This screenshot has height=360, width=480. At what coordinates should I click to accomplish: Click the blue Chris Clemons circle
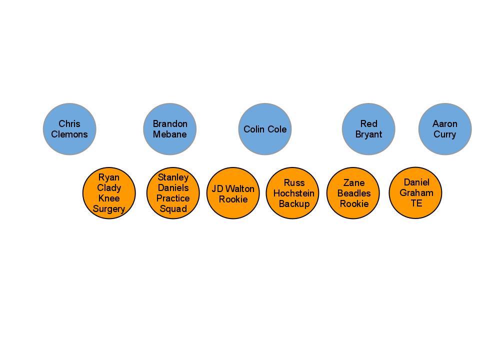[69, 129]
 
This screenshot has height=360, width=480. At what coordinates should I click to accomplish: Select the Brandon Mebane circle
[170, 129]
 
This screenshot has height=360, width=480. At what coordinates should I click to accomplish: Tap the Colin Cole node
[265, 129]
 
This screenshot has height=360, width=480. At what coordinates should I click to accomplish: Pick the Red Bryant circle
[368, 129]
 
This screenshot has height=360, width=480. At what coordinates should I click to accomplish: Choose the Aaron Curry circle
[445, 129]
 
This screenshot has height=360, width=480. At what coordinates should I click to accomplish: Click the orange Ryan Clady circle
[109, 193]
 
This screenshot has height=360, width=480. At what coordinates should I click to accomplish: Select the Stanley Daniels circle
[173, 193]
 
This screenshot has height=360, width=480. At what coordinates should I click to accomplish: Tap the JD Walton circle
[233, 193]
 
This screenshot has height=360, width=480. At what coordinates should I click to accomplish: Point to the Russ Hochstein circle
[294, 193]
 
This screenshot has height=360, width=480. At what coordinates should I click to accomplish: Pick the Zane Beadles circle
[353, 193]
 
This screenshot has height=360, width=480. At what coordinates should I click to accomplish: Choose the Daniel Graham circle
[415, 192]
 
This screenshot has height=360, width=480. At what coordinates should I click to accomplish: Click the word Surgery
[109, 209]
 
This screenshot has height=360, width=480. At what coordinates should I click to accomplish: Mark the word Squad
[173, 209]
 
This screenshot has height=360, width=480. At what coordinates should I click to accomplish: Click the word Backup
[294, 203]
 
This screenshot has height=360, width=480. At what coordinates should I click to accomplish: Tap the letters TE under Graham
[416, 203]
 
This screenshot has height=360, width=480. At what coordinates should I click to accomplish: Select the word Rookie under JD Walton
[233, 199]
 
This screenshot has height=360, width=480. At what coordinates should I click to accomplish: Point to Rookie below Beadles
[354, 203]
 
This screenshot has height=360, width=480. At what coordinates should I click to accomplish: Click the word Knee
[109, 198]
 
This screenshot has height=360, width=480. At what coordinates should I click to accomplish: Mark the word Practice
[173, 198]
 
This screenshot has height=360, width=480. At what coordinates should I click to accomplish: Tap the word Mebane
[170, 134]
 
